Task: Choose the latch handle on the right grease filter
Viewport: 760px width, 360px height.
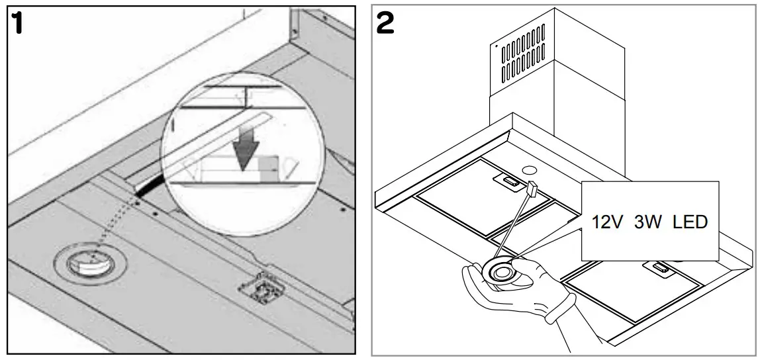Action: click(x=660, y=267)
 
